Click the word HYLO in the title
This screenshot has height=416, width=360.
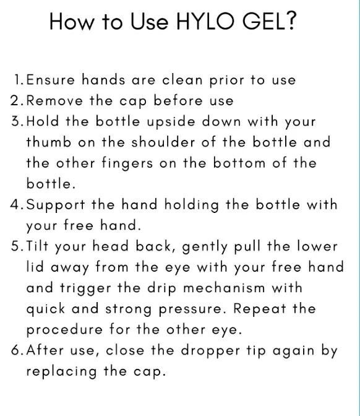tap(205, 21)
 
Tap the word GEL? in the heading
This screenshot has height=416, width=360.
tap(269, 21)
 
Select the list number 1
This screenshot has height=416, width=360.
tap(19, 80)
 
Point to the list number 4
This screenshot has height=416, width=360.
tap(17, 204)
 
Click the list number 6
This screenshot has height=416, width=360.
tap(17, 350)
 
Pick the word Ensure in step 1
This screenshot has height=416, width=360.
tap(51, 80)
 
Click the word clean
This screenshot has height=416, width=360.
tap(182, 80)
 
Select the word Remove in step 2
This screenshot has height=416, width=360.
tap(54, 100)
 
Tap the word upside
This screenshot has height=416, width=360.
tap(171, 122)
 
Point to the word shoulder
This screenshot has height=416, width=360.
tap(163, 142)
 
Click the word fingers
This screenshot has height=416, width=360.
tap(127, 163)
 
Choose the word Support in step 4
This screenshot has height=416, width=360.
tap(56, 205)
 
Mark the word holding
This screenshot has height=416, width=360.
tap(191, 205)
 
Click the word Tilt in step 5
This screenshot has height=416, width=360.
tap(37, 246)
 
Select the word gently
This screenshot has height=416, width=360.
tap(205, 247)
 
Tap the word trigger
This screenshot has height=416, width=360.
tap(85, 288)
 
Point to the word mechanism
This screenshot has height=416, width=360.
tap(224, 288)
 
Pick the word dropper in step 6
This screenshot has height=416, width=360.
tap(210, 351)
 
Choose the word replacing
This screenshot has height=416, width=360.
tap(61, 371)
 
